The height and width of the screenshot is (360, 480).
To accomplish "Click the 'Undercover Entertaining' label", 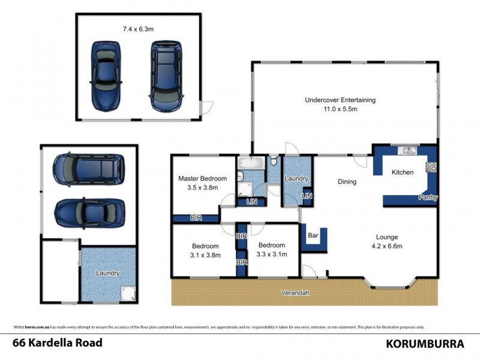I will click(340, 100).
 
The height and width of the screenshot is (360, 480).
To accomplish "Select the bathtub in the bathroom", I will click(249, 163).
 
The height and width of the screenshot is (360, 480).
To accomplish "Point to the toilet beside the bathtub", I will click(274, 160).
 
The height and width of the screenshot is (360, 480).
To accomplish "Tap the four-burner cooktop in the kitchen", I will click(430, 167).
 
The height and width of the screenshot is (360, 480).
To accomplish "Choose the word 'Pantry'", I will click(428, 197).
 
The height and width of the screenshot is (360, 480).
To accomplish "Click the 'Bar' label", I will click(313, 235).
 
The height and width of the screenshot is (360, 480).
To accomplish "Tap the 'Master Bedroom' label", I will click(202, 178).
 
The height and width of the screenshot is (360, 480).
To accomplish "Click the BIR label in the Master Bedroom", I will click(196, 218).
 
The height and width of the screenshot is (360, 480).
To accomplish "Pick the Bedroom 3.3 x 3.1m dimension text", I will click(272, 254).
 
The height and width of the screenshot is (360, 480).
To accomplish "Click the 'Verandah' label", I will click(296, 293).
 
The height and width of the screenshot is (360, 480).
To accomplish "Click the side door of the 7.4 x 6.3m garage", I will click(206, 109).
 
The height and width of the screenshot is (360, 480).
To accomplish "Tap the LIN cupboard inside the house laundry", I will click(307, 196).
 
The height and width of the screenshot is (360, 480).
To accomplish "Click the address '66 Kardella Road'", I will click(58, 343).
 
